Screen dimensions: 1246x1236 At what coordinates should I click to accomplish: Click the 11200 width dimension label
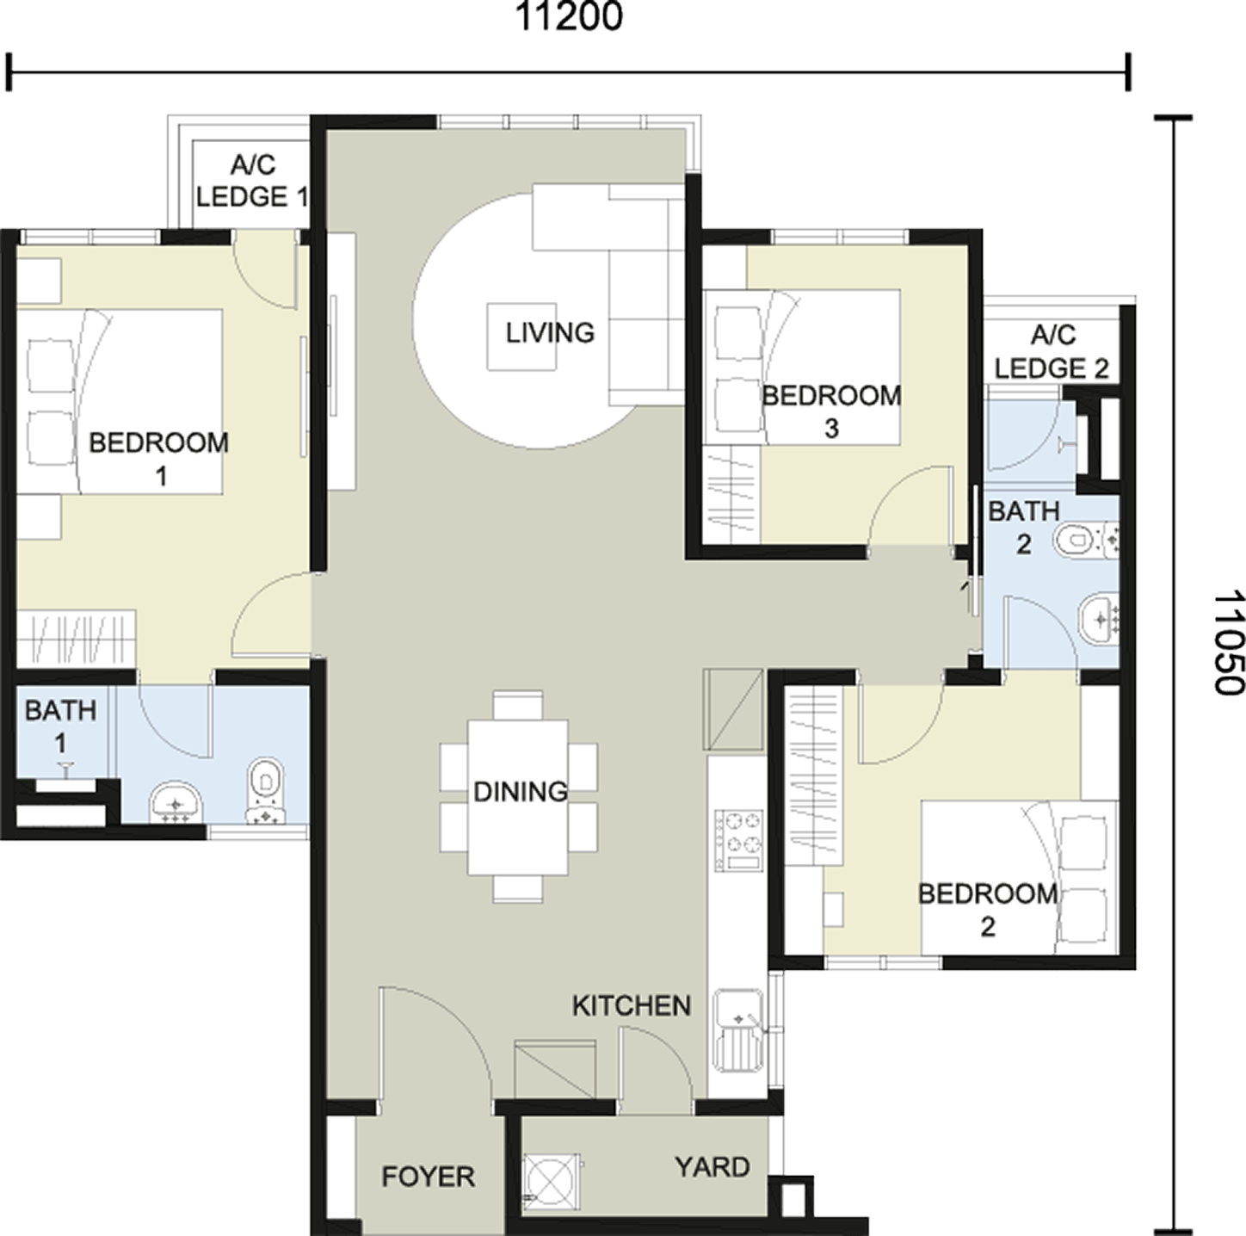pyautogui.click(x=569, y=17)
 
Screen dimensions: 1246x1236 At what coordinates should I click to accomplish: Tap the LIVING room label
pyautogui.click(x=550, y=333)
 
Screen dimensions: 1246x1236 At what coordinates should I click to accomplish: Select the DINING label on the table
pyautogui.click(x=521, y=792)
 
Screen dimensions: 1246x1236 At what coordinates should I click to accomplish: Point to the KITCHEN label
pyautogui.click(x=632, y=1005)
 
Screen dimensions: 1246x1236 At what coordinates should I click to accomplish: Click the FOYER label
pyautogui.click(x=428, y=1177)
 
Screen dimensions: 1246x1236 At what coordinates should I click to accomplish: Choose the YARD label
pyautogui.click(x=712, y=1167)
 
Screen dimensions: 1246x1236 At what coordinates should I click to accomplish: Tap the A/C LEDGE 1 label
pyautogui.click(x=251, y=181)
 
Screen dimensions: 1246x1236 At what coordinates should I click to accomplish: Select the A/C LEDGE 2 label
pyautogui.click(x=1052, y=352)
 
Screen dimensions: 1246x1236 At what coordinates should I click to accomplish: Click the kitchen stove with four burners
pyautogui.click(x=737, y=840)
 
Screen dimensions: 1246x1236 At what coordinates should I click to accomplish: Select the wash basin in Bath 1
pyautogui.click(x=176, y=803)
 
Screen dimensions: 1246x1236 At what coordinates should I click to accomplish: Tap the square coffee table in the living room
pyautogui.click(x=521, y=337)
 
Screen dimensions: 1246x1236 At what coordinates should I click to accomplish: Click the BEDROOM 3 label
pyautogui.click(x=831, y=412)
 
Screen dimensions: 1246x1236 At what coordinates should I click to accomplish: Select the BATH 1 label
pyautogui.click(x=61, y=727)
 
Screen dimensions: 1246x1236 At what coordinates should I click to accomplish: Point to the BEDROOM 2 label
pyautogui.click(x=987, y=911)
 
